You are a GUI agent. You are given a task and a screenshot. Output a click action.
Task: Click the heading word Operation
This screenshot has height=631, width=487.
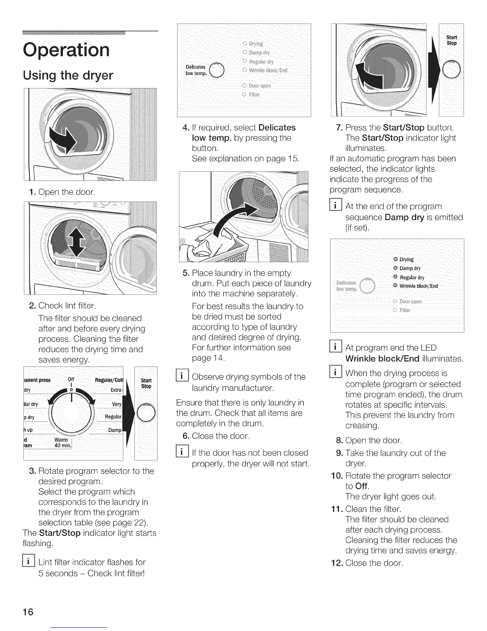click(x=66, y=50)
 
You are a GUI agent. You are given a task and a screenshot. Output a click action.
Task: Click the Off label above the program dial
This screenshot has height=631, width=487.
click(x=71, y=379)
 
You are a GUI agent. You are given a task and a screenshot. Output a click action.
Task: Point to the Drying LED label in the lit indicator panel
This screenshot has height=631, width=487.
click(x=407, y=259)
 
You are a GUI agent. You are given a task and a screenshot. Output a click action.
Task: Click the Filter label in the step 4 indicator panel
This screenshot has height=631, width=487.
click(x=254, y=94)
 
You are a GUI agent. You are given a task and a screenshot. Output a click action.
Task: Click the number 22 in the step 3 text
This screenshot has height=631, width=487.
click(x=141, y=522)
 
